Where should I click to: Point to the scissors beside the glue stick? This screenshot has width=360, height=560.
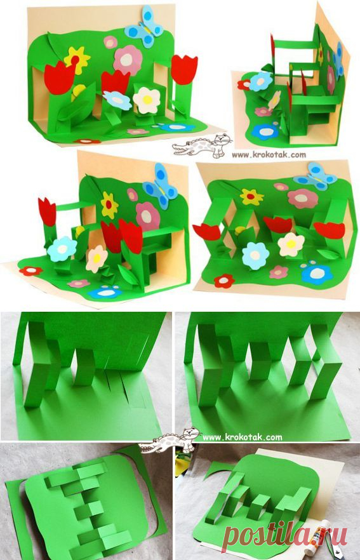pyautogui.click(x=345, y=548)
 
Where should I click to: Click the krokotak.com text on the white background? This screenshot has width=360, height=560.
pyautogui.click(x=269, y=155)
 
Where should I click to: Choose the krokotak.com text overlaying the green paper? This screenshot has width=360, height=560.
pyautogui.click(x=243, y=436)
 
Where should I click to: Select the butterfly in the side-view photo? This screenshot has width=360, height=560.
pyautogui.click(x=338, y=60)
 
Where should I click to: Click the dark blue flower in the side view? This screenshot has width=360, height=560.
pyautogui.click(x=265, y=132)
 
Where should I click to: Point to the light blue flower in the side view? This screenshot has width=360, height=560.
pyautogui.click(x=260, y=81)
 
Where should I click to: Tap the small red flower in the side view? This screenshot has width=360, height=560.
pyautogui.click(x=244, y=84)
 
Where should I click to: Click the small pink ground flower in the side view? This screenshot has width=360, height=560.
pyautogui.click(x=263, y=112)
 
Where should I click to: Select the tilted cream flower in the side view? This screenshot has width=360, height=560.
pyautogui.click(x=274, y=100)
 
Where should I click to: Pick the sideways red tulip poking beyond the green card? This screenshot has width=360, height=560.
pyautogui.click(x=207, y=232)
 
